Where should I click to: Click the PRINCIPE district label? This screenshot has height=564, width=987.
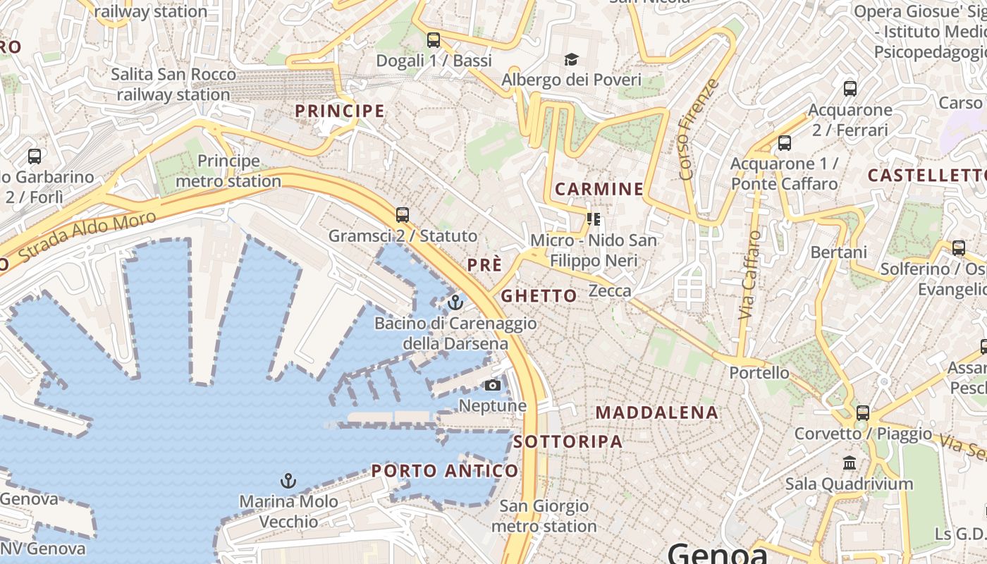click(340, 111)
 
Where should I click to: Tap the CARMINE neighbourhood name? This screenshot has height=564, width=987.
click(599, 189)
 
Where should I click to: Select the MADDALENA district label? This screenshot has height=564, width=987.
click(657, 412)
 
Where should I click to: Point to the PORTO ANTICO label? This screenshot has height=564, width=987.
click(445, 470)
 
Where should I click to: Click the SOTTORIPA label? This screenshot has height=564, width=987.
click(568, 441)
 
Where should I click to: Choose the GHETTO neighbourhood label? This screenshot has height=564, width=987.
click(539, 296)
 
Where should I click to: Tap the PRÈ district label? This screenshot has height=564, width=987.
click(485, 265)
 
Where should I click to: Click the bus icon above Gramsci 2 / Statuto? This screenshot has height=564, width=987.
click(403, 214)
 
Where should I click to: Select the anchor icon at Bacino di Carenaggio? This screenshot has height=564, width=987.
click(455, 303)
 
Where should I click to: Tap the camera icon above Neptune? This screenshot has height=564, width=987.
click(493, 385)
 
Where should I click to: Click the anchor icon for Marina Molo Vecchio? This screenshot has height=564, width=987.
click(288, 481)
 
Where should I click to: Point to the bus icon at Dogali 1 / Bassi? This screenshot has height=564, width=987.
click(434, 40)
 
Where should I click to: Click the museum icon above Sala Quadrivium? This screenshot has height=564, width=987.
click(850, 463)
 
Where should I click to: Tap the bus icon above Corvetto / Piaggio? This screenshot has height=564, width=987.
click(863, 413)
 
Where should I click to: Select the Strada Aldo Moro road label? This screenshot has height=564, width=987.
click(87, 235)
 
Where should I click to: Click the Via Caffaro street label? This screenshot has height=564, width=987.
click(749, 275)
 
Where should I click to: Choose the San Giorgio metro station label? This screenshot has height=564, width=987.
click(544, 516)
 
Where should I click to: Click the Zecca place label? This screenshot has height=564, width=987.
click(610, 290)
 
